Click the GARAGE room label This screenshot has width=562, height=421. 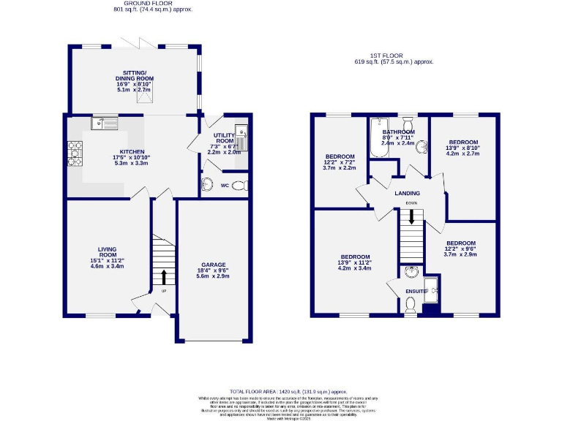pos(214,265)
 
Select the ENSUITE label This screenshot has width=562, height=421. pos(416,291)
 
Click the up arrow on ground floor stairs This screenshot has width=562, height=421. pos(163,276)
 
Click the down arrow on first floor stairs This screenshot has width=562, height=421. pos(411,217)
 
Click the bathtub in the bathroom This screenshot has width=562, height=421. pos(378,139)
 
